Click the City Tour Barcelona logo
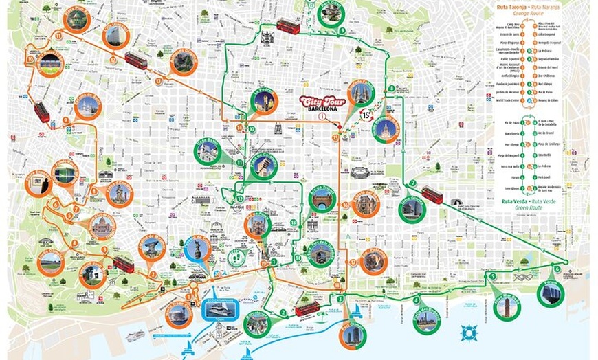coord(320,104)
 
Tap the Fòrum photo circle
coord(551,293)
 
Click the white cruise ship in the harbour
coord(135,335)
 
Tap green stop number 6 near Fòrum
coord(556,266)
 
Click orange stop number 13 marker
coord(158,81)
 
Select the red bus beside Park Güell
coord(288,27)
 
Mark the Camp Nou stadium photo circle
coord(51,64)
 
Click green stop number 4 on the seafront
coord(416,300)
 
